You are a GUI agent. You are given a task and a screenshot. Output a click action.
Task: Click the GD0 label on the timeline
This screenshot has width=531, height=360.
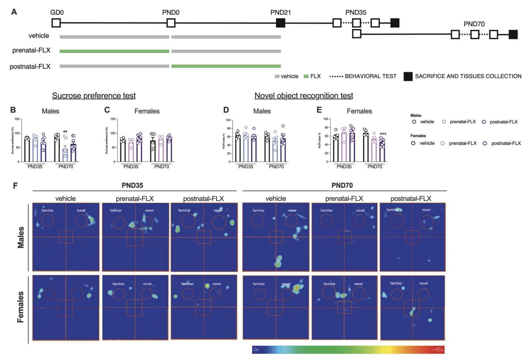click(x=57, y=13)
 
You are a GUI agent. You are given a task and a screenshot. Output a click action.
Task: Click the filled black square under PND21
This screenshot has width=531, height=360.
click(x=281, y=23)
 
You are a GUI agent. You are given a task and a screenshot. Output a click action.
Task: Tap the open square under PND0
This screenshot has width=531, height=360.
click(x=171, y=23)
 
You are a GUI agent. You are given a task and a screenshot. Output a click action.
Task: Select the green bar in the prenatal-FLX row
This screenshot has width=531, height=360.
click(x=114, y=51)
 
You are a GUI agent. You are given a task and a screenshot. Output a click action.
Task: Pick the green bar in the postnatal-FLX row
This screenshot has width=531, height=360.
click(x=226, y=66)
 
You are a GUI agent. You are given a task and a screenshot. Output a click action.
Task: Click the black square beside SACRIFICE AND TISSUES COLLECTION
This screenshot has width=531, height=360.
click(x=408, y=77)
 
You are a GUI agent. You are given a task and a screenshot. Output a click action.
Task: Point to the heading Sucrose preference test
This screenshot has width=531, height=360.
click(x=94, y=96)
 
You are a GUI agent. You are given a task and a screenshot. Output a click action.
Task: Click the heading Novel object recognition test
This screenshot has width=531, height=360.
click(x=304, y=96)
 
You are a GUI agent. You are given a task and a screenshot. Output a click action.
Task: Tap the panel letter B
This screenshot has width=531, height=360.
click(x=13, y=110)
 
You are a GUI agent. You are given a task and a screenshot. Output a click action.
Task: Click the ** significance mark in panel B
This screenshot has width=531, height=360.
click(x=65, y=132)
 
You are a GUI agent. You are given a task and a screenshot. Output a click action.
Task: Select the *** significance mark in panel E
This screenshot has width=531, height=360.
click(x=383, y=134)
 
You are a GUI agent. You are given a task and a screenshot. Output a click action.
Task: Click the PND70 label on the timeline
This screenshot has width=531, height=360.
click(x=474, y=24)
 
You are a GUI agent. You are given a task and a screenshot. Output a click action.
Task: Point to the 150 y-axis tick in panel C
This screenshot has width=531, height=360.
click(x=113, y=119)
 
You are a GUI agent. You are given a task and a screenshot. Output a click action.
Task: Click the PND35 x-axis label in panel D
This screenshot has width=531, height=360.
click(x=246, y=167)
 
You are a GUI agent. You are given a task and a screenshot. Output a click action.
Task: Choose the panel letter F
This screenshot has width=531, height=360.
click(x=15, y=185)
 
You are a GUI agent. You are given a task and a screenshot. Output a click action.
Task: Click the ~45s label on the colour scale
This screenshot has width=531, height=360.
click(x=437, y=349)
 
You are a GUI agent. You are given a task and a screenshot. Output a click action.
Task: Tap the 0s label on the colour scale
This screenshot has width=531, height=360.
click(x=256, y=349)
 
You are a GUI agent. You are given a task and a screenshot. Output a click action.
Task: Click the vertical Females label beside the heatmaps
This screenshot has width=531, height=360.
click(x=21, y=307)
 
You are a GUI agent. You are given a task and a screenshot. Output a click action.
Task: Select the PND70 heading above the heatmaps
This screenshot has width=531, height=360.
click(x=342, y=185)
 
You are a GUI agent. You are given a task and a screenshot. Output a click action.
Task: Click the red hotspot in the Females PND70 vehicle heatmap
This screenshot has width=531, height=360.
click(x=297, y=287)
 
